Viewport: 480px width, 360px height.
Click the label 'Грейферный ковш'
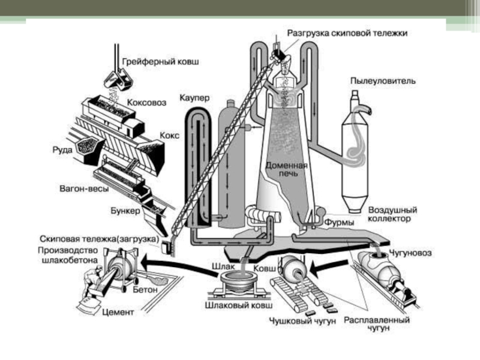tap(160, 61)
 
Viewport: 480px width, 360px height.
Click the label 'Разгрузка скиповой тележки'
tap(347, 34)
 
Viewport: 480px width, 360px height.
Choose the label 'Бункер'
tap(125, 211)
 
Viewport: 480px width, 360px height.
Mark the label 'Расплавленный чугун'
tap(377, 325)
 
